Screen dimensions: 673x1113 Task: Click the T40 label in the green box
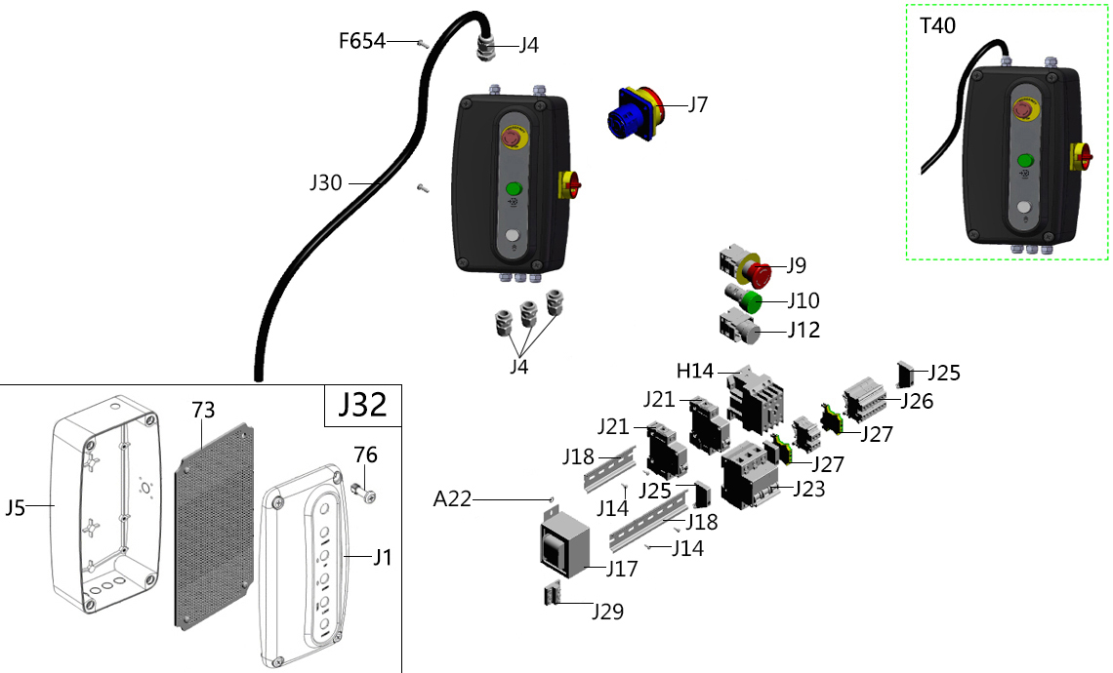coord(938,26)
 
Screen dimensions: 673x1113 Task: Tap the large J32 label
coord(363,405)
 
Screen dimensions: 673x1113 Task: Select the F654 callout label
coord(362,41)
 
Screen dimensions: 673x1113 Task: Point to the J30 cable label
coord(326,181)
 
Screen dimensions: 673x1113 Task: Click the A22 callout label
coord(452,499)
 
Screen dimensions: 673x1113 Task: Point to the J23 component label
coord(809,489)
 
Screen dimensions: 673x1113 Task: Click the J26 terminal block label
coord(917,400)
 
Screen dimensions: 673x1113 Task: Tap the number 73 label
coord(202,410)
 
